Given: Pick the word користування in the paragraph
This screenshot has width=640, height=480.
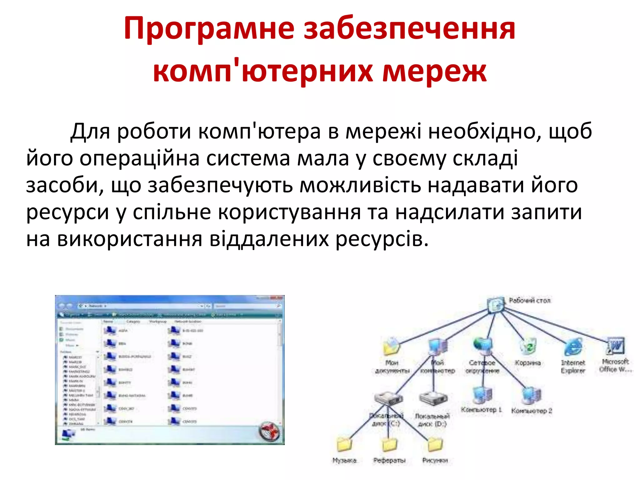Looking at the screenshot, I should pyautogui.click(x=289, y=212).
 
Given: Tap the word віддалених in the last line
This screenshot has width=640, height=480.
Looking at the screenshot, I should pyautogui.click(x=269, y=239).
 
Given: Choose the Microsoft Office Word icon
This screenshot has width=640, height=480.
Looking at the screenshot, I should pyautogui.click(x=615, y=346).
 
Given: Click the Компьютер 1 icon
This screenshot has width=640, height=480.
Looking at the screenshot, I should pyautogui.click(x=482, y=395).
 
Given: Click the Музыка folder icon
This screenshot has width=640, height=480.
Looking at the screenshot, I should pyautogui.click(x=344, y=444).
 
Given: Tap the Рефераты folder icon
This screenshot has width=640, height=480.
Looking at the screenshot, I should pyautogui.click(x=389, y=444).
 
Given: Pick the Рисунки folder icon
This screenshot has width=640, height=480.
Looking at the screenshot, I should pyautogui.click(x=435, y=444).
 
